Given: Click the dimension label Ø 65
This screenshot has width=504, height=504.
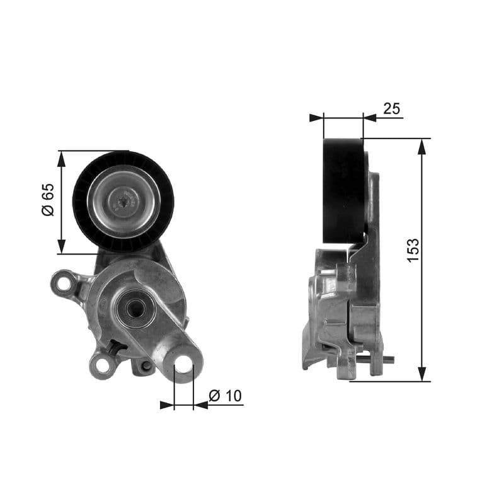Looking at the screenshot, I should pyautogui.click(x=47, y=201).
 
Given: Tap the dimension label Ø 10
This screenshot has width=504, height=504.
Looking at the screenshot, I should pyautogui.click(x=225, y=396).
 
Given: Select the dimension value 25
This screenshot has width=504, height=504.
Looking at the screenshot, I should pyautogui.click(x=391, y=108).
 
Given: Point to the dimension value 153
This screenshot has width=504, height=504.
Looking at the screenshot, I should pyautogui.click(x=413, y=250).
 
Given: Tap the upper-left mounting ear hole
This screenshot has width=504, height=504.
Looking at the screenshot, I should pyautogui.click(x=64, y=283).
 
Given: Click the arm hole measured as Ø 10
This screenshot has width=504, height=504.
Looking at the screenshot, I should pyautogui.click(x=183, y=364).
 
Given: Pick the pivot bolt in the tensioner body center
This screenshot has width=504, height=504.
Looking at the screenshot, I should pyautogui.click(x=134, y=308).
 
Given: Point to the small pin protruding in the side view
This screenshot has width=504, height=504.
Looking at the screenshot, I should pyautogui.click(x=389, y=361).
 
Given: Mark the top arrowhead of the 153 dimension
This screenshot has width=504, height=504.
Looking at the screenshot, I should pyautogui.click(x=422, y=145).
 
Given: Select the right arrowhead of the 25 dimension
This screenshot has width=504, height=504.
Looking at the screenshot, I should pyautogui.click(x=370, y=117).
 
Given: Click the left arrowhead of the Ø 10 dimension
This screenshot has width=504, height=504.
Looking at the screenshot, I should pyautogui.click(x=167, y=404).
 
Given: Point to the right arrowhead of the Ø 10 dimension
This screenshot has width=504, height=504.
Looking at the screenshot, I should pyautogui.click(x=200, y=404).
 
